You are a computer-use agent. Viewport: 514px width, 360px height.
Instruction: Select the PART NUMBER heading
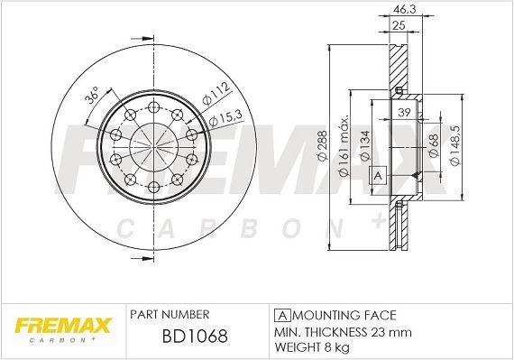coord(170,315)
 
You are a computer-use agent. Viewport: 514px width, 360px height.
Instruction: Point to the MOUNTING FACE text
coord(343,315)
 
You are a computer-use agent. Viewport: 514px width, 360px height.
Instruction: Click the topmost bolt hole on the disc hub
coord(155,102)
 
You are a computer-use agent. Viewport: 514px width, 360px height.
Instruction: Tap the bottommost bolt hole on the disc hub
coord(155,187)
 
